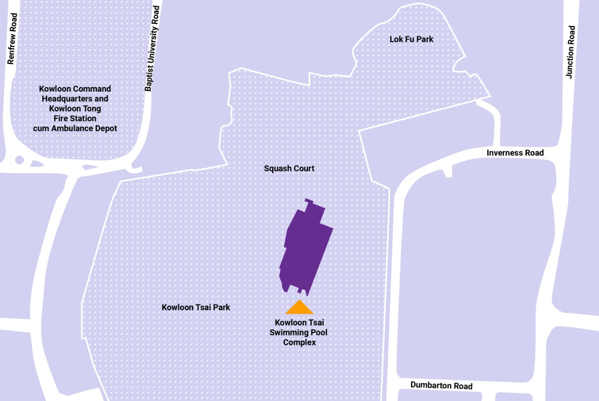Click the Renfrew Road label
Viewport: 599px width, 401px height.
12,39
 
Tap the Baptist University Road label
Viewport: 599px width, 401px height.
152,48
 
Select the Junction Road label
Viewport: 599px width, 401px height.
570,52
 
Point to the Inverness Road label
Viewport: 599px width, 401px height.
515,153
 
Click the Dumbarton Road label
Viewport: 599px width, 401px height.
441,386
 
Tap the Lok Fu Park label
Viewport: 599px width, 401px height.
411,39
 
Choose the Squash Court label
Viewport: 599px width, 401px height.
289,168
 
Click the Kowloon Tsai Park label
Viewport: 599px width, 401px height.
196,307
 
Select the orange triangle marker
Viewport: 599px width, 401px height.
299,308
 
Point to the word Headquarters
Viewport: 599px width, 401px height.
66,99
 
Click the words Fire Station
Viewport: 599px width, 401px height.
75,119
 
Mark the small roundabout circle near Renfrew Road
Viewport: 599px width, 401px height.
19,160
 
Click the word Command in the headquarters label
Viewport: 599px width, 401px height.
92,89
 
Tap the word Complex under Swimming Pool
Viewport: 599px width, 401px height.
299,342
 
